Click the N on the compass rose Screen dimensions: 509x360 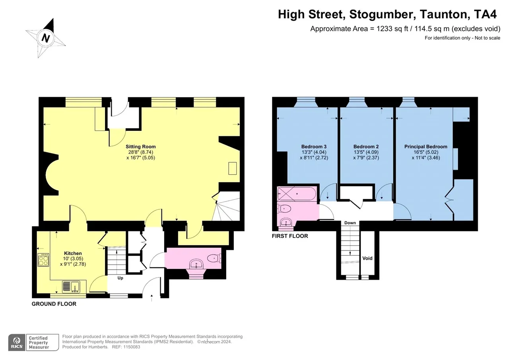[46, 38]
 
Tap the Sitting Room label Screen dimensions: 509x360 [141, 147]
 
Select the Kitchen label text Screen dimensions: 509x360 [73, 253]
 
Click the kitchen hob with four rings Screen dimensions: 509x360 [43, 260]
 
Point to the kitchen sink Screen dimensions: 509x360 [71, 287]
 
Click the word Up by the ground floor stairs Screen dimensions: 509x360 [120, 278]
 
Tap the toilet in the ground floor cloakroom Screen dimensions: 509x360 [214, 259]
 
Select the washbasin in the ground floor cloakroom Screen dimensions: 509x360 [196, 264]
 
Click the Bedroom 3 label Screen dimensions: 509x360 [314, 147]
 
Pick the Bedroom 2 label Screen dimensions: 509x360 [366, 147]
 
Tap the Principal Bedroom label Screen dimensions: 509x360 [425, 147]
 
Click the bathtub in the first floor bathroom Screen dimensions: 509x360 [297, 194]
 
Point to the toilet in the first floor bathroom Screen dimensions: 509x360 [284, 208]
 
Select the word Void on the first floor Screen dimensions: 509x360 [367, 258]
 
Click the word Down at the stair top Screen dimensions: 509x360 [350, 223]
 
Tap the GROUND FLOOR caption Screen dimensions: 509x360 [54, 304]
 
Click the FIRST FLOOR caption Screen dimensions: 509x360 [290, 236]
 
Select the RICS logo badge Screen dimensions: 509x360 [17, 342]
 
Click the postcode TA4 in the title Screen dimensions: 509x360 [486, 14]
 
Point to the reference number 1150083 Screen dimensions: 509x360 [131, 347]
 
